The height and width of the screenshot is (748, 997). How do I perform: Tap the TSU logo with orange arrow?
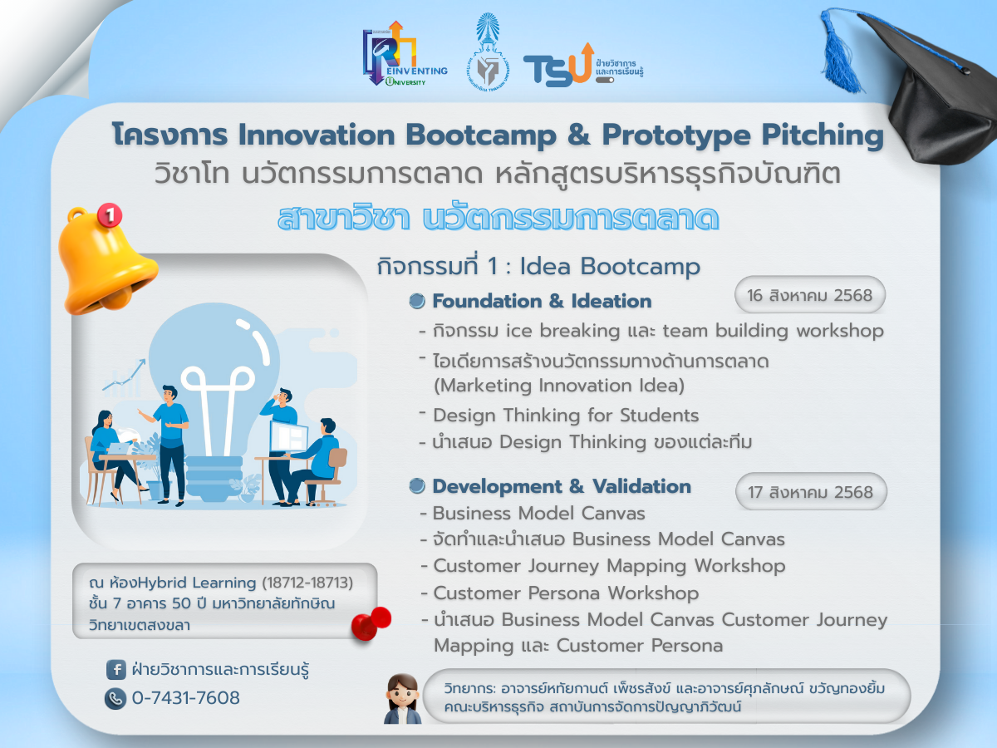[582, 65]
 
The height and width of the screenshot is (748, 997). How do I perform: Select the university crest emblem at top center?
[488, 52]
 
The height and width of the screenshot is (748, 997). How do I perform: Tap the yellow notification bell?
[106, 261]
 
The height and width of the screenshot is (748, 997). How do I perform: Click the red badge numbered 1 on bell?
[110, 214]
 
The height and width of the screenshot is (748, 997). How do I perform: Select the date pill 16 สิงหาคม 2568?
[809, 295]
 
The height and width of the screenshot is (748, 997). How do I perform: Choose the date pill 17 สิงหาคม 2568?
[811, 492]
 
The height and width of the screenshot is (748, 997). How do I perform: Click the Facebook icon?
[115, 669]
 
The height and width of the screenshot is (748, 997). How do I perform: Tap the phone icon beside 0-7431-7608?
[115, 698]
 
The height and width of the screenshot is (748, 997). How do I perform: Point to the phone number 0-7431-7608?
[186, 698]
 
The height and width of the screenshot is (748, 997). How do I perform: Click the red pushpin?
[371, 623]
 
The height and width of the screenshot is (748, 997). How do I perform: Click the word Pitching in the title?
[823, 135]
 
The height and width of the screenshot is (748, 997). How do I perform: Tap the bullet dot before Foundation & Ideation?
[417, 301]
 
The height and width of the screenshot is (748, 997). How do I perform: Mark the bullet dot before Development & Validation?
[417, 486]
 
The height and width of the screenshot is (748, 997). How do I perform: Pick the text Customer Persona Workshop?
[566, 593]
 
